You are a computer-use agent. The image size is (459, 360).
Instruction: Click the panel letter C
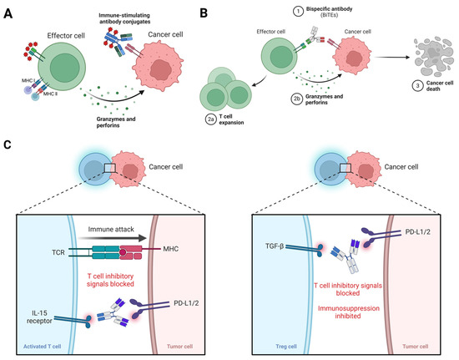[9, 145]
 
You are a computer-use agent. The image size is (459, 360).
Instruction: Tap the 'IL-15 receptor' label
[47, 292]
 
